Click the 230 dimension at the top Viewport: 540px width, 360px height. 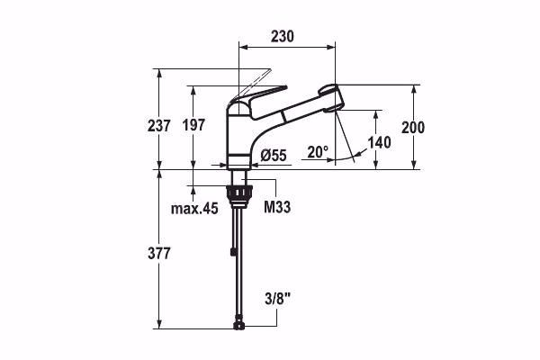pyautogui.click(x=285, y=37)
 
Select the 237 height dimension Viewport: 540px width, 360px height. pyautogui.click(x=159, y=127)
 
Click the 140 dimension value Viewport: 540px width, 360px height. pyautogui.click(x=380, y=142)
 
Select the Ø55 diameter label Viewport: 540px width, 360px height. pyautogui.click(x=272, y=156)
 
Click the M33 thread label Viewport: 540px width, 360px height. pyautogui.click(x=276, y=208)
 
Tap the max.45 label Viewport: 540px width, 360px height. pyautogui.click(x=194, y=209)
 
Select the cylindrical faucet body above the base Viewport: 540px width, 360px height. pyautogui.click(x=238, y=135)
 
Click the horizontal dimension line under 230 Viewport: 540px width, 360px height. pyautogui.click(x=285, y=48)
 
